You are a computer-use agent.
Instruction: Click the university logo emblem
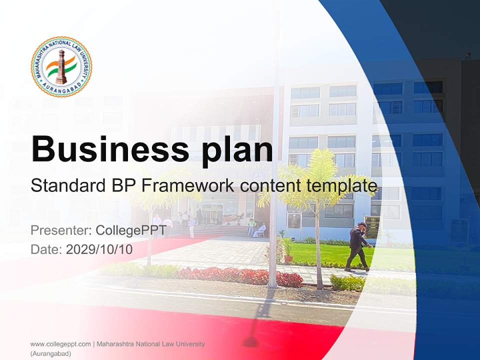[x=61, y=66]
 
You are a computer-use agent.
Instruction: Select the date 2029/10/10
[x=99, y=249]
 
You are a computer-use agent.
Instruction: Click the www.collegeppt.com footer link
[x=60, y=344]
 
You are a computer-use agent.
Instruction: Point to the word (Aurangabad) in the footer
[x=50, y=353]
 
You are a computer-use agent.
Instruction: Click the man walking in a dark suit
[x=358, y=246]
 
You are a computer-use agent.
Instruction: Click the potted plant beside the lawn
[x=287, y=250]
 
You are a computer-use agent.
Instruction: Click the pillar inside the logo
[x=61, y=67]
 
